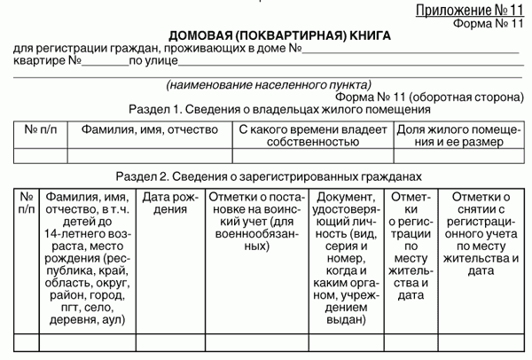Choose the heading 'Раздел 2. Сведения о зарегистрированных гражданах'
pyautogui.click(x=265, y=177)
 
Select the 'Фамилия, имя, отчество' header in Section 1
pyautogui.click(x=149, y=129)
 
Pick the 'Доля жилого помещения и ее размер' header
pyautogui.click(x=450, y=135)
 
